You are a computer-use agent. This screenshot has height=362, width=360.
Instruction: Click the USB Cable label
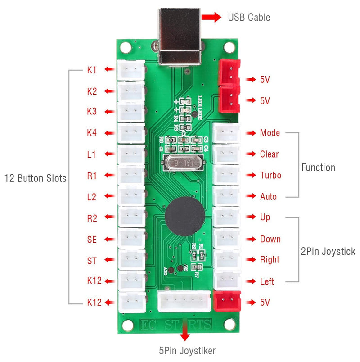point(249,18)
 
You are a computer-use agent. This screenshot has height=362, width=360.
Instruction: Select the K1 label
point(92,70)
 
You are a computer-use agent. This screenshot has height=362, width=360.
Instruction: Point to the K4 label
point(92,133)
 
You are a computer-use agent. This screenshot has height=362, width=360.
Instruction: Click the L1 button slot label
point(92,154)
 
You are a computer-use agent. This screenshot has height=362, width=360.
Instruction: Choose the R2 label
point(92,218)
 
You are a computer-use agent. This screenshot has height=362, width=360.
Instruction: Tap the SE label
point(92,240)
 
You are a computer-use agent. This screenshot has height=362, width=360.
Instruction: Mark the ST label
point(92,261)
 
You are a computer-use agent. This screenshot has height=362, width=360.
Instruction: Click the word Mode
point(270,133)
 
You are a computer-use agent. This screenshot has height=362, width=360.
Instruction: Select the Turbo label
point(270,175)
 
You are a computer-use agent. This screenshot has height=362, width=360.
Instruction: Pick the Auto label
point(269,197)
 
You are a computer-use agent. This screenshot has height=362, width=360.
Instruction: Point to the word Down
point(270,239)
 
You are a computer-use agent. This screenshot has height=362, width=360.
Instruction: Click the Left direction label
point(267,282)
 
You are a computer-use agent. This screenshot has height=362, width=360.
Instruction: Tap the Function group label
point(318,167)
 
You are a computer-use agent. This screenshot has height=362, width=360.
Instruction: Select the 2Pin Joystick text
point(328,251)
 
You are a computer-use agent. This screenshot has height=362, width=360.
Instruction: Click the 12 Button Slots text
point(35,178)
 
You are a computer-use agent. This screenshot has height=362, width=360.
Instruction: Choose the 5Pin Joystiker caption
point(187,349)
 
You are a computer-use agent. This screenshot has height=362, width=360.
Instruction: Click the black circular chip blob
point(183,216)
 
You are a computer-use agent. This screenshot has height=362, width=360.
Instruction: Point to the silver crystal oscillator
point(184,163)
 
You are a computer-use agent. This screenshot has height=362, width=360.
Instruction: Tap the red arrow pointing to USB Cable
point(211,17)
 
